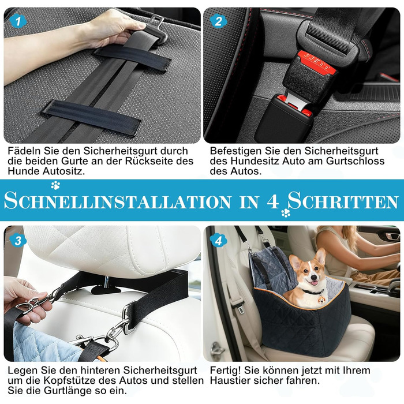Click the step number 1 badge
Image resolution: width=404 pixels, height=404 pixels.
point(18,21)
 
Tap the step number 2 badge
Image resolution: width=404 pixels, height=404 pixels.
point(218,21)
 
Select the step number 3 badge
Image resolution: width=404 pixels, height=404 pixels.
point(18,241)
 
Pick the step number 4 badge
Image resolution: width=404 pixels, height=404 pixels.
point(218,241)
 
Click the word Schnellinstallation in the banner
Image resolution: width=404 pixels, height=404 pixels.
point(118,201)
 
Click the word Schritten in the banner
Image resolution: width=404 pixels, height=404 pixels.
point(343,201)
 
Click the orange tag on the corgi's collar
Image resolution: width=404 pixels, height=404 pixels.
point(321,300)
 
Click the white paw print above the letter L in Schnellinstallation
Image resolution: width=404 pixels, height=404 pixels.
point(55,185)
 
